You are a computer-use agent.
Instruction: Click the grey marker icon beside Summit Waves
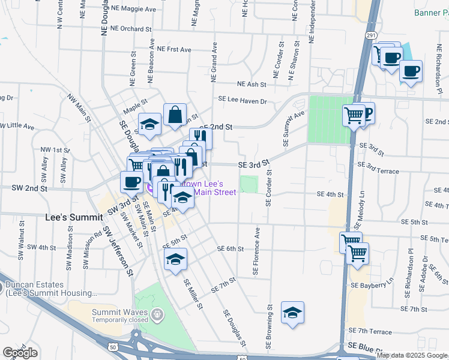pos(157,313)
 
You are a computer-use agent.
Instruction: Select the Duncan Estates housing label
pos(50,289)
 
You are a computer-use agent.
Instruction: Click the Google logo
pos(20,353)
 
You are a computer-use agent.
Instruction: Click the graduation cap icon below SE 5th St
pos(175,259)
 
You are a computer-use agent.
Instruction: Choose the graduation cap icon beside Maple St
pos(149,124)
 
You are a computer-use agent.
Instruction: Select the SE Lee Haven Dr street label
pos(242,101)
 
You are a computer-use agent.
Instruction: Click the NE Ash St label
pos(252,85)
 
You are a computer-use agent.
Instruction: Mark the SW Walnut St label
pos(22,241)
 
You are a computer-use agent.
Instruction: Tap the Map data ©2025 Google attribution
pos(412,355)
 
